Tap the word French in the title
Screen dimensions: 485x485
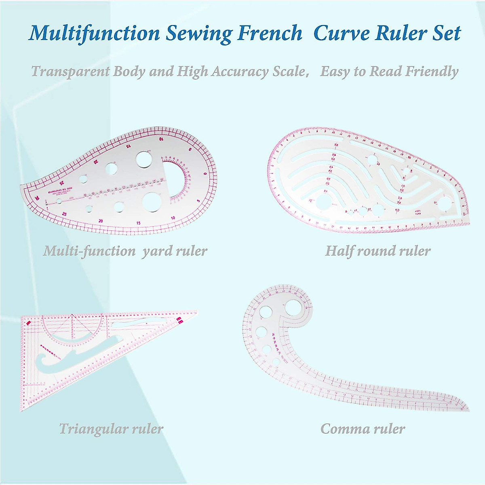270,33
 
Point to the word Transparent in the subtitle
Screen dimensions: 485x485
70,72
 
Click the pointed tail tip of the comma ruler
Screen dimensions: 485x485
468,410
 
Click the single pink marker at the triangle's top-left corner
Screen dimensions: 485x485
28,323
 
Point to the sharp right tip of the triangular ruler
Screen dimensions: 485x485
197,312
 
